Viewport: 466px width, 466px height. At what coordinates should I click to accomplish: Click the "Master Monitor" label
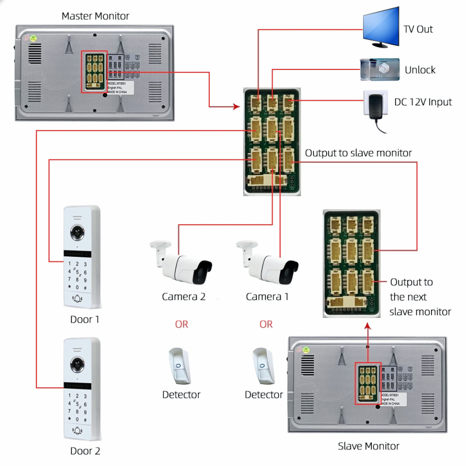pos(95,16)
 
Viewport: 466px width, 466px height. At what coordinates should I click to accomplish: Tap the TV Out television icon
pos(381,28)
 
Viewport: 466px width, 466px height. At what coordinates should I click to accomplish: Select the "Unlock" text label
pos(420,70)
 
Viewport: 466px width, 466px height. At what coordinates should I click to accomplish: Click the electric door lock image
pos(380,69)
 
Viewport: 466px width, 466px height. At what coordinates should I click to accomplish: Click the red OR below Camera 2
pos(182,324)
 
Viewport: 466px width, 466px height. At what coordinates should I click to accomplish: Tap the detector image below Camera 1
pos(262,365)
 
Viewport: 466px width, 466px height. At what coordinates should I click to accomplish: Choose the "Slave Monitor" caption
pos(368,446)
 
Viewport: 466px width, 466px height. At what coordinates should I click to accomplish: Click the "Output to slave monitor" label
pos(358,153)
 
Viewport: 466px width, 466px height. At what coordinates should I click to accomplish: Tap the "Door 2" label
pos(85,451)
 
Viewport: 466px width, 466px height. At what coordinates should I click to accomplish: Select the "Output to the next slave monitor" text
pos(419,297)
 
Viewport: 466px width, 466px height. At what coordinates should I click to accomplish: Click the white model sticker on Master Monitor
pos(120,87)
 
